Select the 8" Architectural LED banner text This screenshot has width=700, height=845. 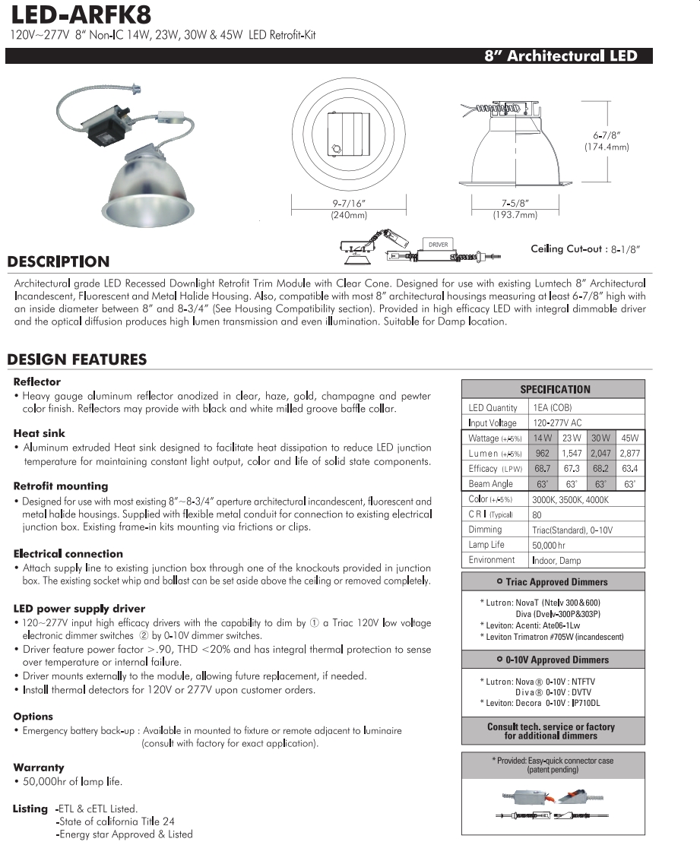click(567, 56)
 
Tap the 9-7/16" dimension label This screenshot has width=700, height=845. click(349, 204)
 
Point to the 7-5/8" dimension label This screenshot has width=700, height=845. click(515, 204)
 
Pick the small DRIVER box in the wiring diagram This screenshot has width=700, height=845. click(439, 245)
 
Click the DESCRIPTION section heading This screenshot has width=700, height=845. click(58, 262)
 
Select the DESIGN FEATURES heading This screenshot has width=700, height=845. click(77, 359)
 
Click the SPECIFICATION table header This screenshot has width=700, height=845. click(554, 389)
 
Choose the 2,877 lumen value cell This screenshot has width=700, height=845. click(629, 454)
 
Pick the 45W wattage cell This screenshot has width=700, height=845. click(629, 438)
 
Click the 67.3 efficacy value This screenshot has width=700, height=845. click(571, 469)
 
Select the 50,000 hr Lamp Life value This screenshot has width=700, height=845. click(549, 545)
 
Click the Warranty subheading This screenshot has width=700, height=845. click(39, 768)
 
